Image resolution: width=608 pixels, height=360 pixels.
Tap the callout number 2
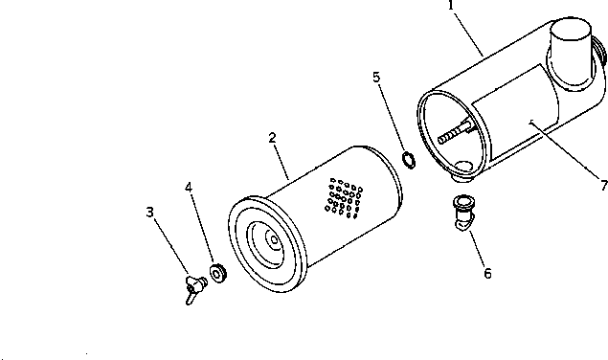pos(273,138)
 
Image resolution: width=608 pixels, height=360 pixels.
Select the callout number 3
pos(150,212)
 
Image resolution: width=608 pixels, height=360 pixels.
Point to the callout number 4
pos(189,202)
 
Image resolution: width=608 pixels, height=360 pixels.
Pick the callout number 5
pos(377,75)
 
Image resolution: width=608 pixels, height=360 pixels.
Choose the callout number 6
pos(487,274)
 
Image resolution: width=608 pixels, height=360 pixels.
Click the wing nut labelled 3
pos(195,285)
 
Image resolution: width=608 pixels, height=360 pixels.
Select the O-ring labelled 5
pos(406,158)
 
